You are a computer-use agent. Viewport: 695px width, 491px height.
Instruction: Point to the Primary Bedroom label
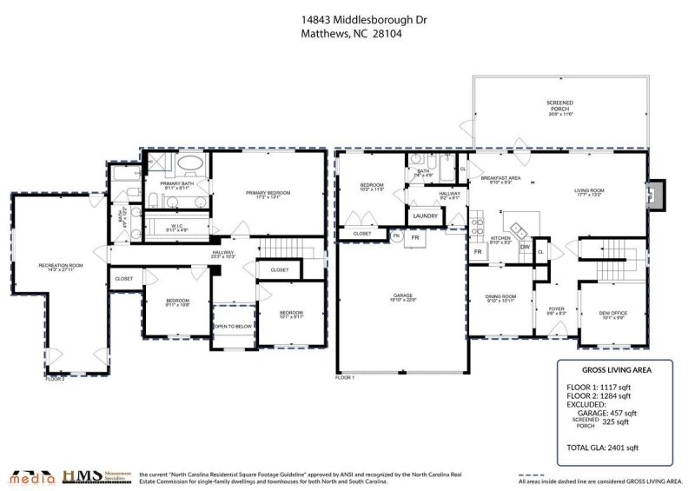click(268, 193)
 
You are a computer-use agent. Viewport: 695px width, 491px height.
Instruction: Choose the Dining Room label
click(500, 298)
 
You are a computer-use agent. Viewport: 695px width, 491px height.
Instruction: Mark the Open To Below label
click(233, 327)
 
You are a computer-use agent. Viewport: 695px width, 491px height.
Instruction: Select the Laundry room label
click(426, 216)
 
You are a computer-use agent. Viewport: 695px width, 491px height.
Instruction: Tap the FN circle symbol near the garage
click(396, 236)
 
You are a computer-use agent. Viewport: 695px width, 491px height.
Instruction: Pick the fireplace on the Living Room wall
click(657, 193)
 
